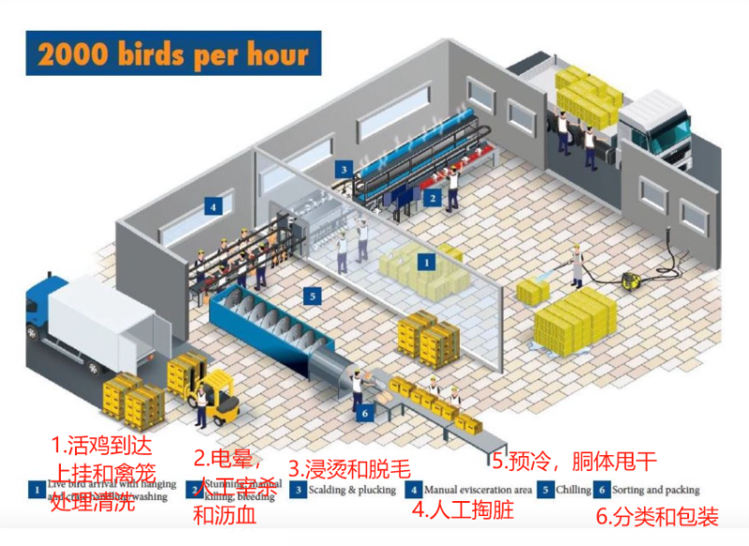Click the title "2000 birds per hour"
pyautogui.click(x=173, y=53)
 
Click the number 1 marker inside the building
pyautogui.click(x=426, y=263)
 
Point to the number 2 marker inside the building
pyautogui.click(x=433, y=199)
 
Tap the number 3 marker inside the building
pyautogui.click(x=345, y=170)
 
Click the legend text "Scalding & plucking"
pyautogui.click(x=345, y=490)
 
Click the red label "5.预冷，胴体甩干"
pyautogui.click(x=574, y=460)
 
